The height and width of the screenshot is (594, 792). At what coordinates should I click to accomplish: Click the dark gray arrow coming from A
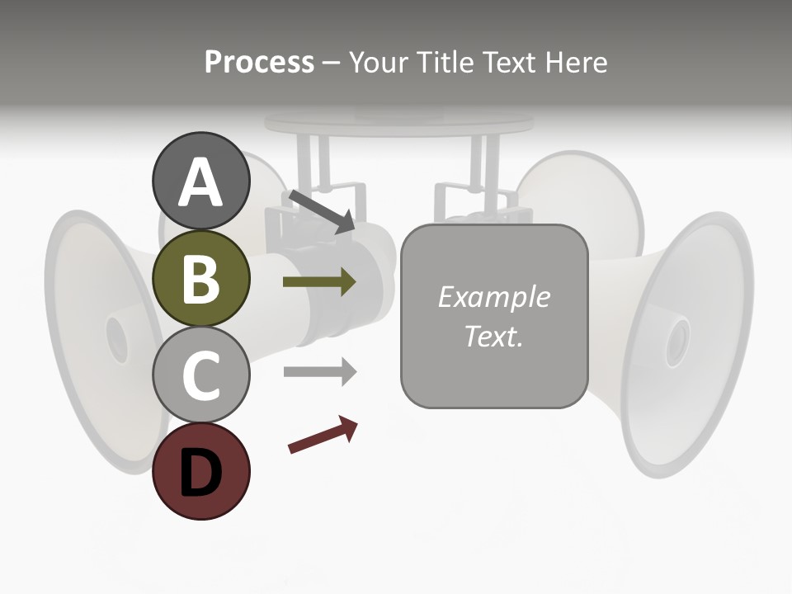point(321,211)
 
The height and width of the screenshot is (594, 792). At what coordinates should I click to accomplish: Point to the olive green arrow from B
point(319,282)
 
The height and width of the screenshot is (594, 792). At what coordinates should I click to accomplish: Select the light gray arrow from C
point(319,371)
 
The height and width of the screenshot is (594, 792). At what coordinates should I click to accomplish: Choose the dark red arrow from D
point(323,435)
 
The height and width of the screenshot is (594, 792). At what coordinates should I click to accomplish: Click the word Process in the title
point(259,62)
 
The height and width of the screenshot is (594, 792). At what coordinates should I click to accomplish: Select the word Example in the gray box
point(493,297)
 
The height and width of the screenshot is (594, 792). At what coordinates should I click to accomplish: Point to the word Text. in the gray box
point(493,336)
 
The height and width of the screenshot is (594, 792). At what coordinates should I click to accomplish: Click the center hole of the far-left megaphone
point(116,338)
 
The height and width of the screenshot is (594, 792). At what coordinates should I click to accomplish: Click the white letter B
point(200,279)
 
